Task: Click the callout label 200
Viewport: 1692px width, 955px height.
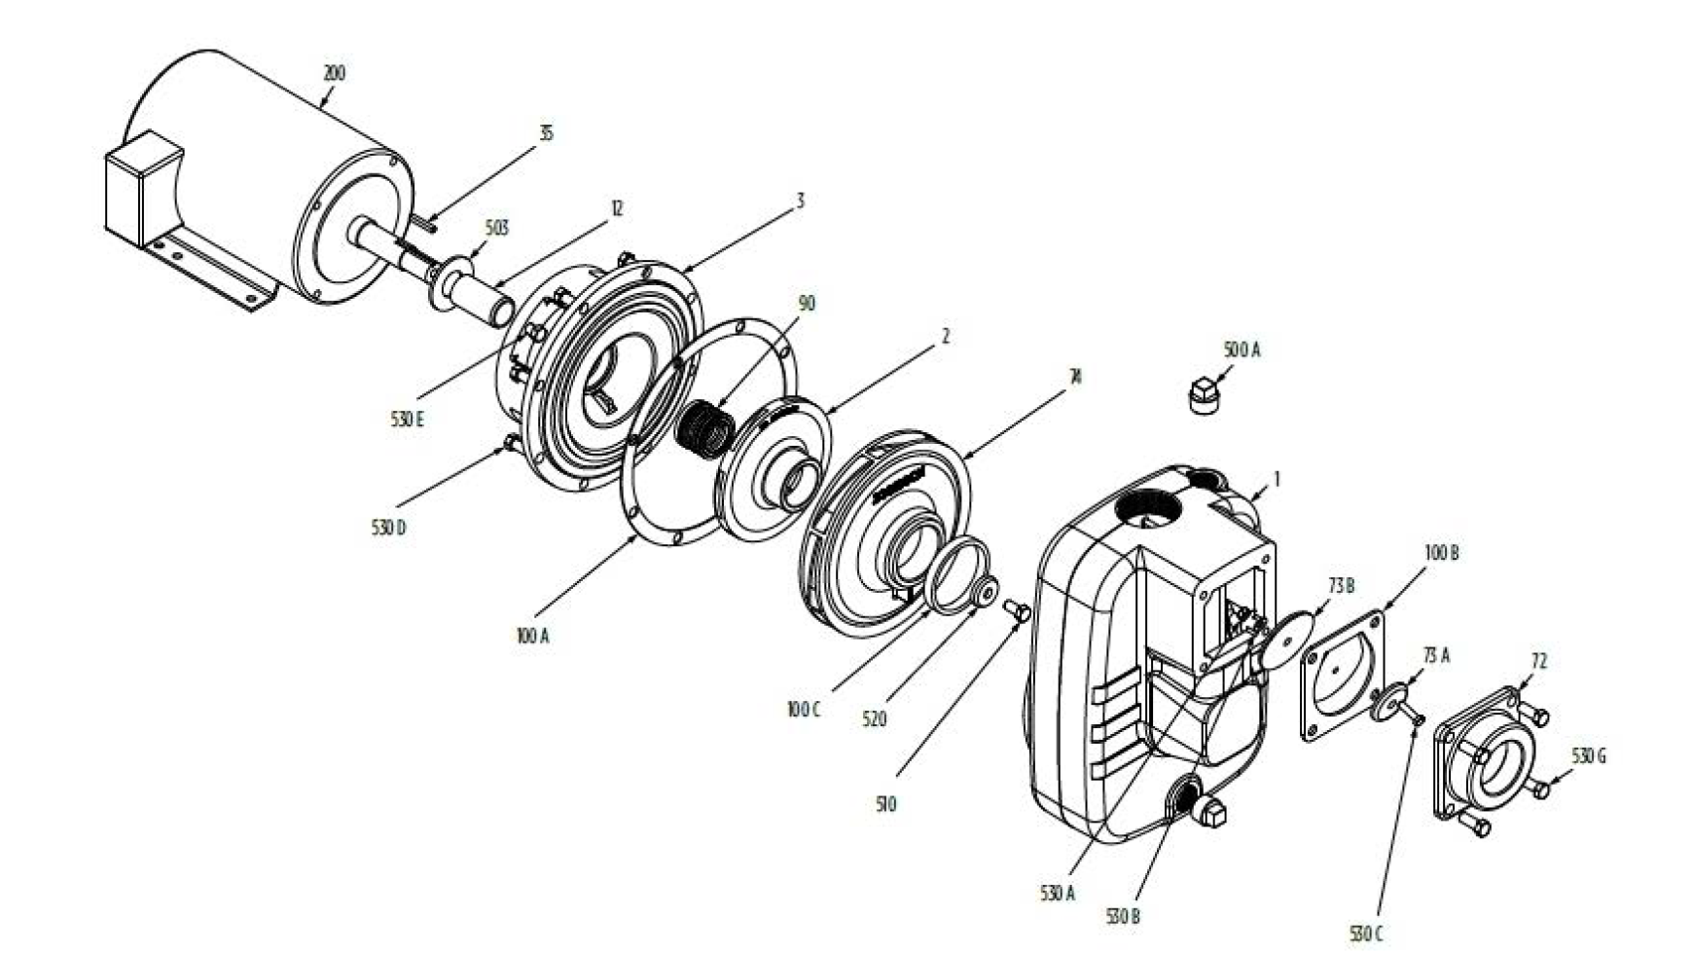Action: (x=334, y=73)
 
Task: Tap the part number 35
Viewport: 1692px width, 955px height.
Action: (x=546, y=132)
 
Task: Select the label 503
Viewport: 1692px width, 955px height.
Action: (x=496, y=228)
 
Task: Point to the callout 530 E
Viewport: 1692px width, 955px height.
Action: (x=408, y=421)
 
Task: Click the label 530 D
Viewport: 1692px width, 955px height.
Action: (x=388, y=529)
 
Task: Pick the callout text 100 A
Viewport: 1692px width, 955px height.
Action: (x=533, y=636)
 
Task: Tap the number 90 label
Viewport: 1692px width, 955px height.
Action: (x=807, y=304)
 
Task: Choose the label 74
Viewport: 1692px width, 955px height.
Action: (x=1074, y=376)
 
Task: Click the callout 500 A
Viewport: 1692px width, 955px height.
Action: (x=1242, y=349)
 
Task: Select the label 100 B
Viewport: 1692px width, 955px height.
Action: (x=1442, y=553)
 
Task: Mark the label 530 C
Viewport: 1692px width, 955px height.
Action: (x=1366, y=934)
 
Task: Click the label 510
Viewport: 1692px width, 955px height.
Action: (x=885, y=804)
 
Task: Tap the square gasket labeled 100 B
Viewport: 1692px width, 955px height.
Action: (x=1347, y=676)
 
